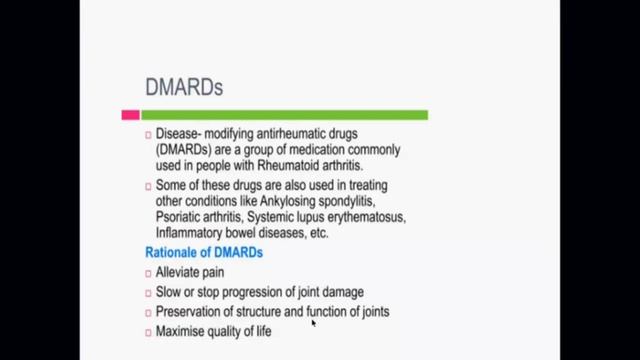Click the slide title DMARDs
pyautogui.click(x=184, y=87)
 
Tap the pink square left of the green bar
pyautogui.click(x=130, y=115)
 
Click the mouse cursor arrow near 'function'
pyautogui.click(x=314, y=322)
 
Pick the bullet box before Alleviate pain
pyautogui.click(x=147, y=272)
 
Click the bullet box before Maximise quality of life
pyautogui.click(x=147, y=332)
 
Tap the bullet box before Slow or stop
pyautogui.click(x=147, y=292)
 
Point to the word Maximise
pyautogui.click(x=183, y=331)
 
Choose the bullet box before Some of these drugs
pyautogui.click(x=147, y=186)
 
